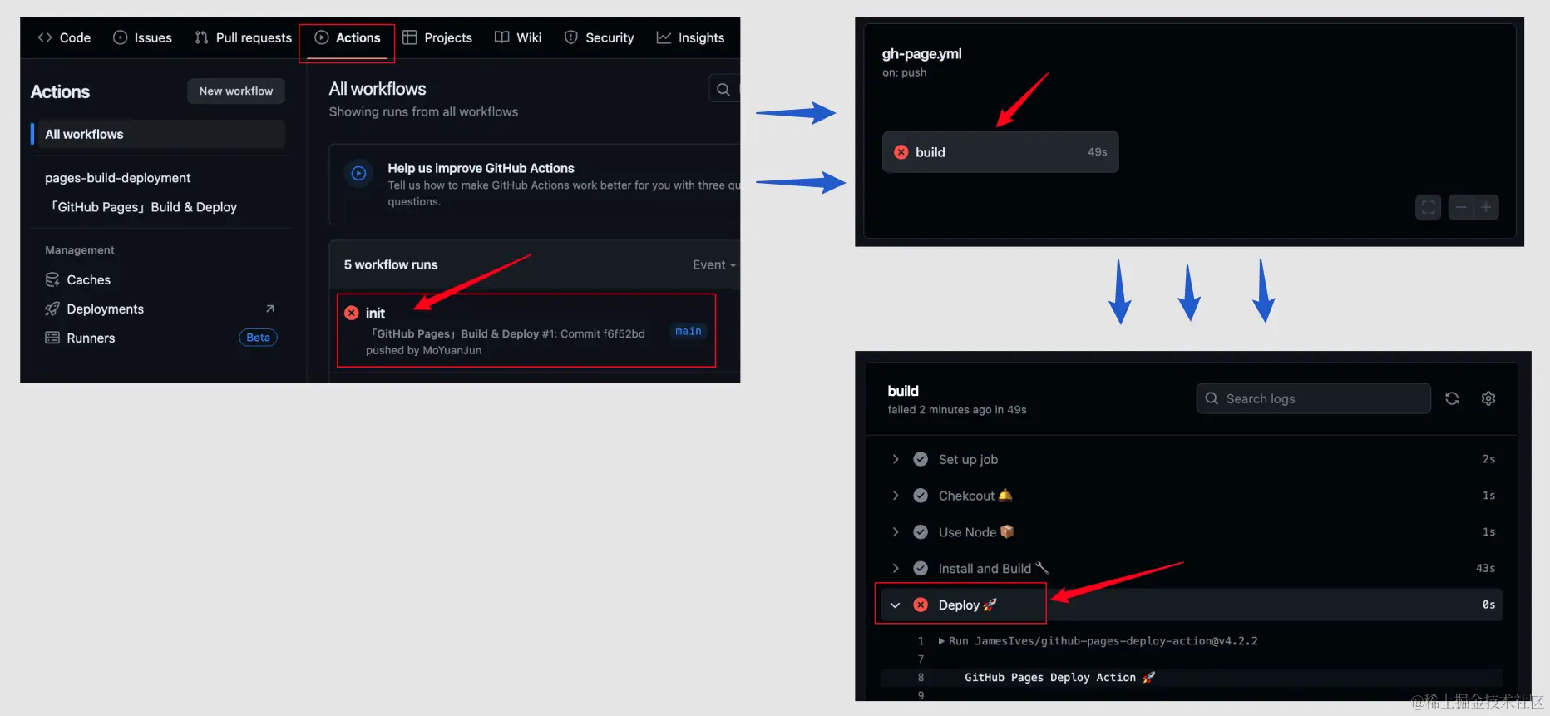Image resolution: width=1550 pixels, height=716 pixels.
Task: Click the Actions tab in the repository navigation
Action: pos(348,37)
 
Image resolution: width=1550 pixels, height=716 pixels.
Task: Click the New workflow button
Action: pos(235,91)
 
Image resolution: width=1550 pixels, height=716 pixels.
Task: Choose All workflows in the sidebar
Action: pos(84,134)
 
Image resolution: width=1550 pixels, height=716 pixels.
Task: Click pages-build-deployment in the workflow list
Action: pos(117,178)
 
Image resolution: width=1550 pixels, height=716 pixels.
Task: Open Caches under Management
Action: pos(88,279)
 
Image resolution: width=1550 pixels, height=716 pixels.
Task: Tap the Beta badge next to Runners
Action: pos(258,338)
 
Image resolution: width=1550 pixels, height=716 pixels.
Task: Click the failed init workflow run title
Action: pos(375,313)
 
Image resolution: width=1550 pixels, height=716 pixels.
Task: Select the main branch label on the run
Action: pos(688,331)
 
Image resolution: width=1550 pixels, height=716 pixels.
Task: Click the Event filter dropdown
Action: pos(713,264)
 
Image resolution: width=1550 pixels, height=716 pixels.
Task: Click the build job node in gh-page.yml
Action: pos(1000,152)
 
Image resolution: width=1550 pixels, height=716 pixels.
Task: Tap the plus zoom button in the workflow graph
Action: pos(1485,207)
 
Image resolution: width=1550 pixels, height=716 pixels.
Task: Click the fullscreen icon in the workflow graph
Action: pos(1428,207)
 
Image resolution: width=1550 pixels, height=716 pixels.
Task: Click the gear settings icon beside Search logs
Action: pos(1488,398)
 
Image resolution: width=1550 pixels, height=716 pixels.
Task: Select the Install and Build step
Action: pos(985,569)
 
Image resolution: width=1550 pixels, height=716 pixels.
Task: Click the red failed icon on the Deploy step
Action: pos(921,605)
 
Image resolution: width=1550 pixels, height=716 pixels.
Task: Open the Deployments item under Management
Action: pos(105,309)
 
